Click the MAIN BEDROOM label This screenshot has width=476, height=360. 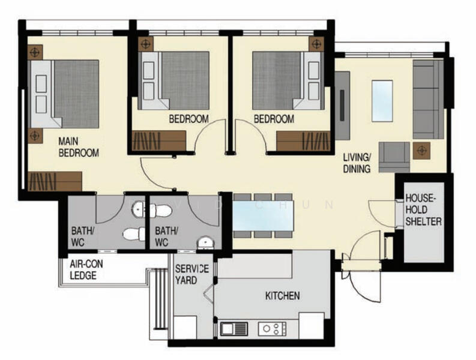click(x=79, y=147)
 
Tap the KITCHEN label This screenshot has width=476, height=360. click(x=282, y=296)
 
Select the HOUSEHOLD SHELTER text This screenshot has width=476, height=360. click(x=423, y=210)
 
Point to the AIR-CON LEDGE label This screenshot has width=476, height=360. click(x=86, y=269)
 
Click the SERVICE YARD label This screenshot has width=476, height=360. click(x=192, y=274)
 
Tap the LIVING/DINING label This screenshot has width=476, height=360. click(x=357, y=163)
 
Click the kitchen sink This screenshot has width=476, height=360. click(x=233, y=329)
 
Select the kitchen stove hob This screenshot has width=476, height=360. click(x=272, y=328)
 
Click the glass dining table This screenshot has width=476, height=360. click(x=263, y=215)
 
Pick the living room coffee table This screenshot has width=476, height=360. click(x=382, y=101)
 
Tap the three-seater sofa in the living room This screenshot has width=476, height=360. click(x=428, y=99)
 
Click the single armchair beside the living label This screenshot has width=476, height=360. click(x=394, y=157)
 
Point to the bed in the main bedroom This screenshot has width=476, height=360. click(x=65, y=94)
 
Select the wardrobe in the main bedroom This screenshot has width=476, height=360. click(x=55, y=182)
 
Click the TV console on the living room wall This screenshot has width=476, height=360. click(x=342, y=106)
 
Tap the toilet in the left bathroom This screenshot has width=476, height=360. click(x=134, y=234)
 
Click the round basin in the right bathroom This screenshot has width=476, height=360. click(x=205, y=243)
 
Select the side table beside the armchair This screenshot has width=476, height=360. click(x=421, y=151)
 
